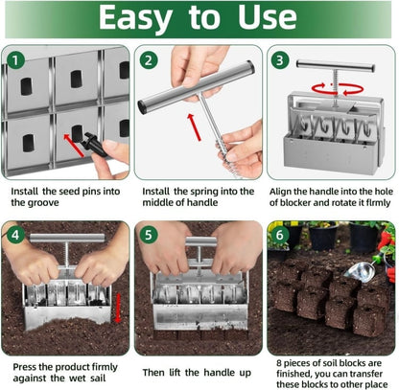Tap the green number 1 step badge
15,60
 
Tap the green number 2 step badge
149,60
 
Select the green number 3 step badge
281,60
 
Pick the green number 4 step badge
15,236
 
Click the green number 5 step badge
149,236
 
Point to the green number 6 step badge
281,236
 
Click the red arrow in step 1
72,144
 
